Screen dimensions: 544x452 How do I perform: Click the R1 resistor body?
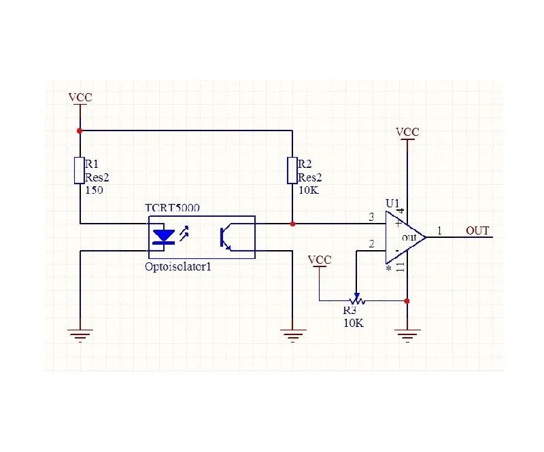coord(80,171)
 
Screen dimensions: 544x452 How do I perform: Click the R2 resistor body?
coord(292,171)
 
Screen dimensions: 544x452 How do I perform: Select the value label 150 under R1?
coord(94,190)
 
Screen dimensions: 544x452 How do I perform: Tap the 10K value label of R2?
coord(309,190)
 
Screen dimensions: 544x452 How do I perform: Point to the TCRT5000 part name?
coord(173,208)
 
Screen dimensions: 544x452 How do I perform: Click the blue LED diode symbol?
coord(164,237)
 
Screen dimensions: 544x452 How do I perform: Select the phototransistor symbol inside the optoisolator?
coord(226,239)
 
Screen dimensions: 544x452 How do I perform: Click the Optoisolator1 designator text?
coord(178,266)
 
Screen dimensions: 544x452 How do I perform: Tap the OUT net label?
coord(477,230)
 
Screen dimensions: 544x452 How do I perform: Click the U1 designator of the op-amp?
coord(392,203)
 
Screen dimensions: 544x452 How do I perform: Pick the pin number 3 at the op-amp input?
coord(371,217)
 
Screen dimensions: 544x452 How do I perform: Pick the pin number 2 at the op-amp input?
coord(371,244)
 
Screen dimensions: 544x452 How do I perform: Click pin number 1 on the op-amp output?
coord(439,230)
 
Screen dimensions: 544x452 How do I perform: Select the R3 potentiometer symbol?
coord(356,299)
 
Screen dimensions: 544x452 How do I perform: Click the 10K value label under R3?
coord(354,323)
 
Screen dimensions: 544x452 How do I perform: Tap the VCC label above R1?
coord(80,97)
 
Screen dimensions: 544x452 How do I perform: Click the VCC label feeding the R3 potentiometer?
coord(320,260)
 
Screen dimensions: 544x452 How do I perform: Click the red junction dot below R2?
coord(292,224)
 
